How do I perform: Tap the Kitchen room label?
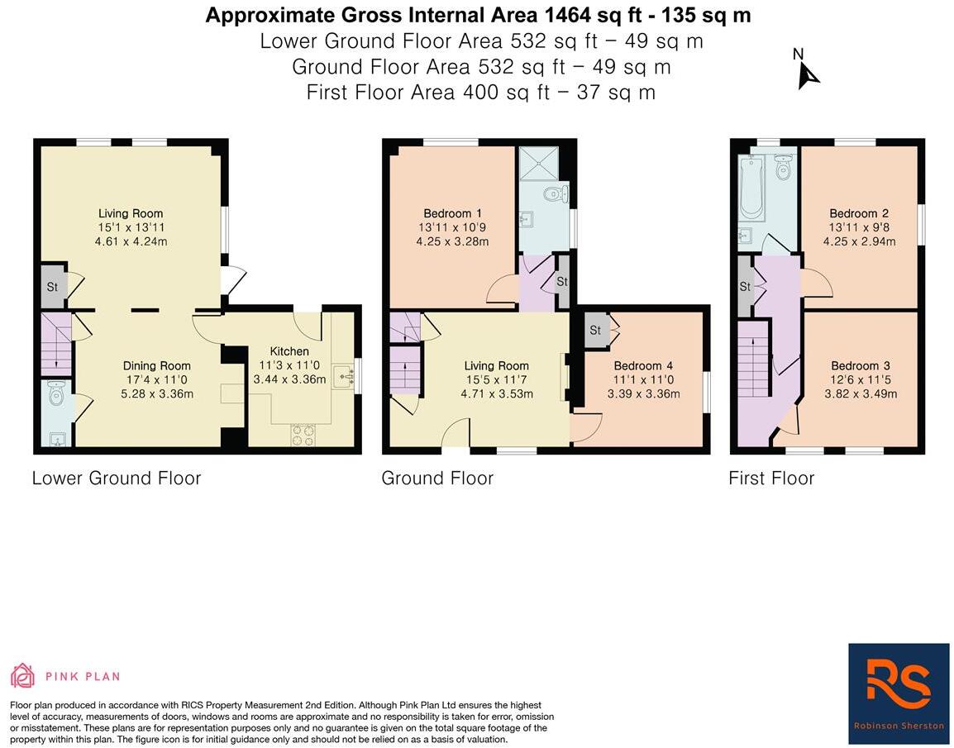pos(289,351)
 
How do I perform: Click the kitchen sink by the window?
pos(345,376)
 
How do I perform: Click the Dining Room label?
pos(157,365)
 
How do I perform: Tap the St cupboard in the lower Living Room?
pos(52,287)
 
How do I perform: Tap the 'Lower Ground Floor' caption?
pos(117,478)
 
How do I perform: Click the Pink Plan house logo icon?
pos(22,675)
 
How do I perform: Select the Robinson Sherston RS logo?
pos(899,693)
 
